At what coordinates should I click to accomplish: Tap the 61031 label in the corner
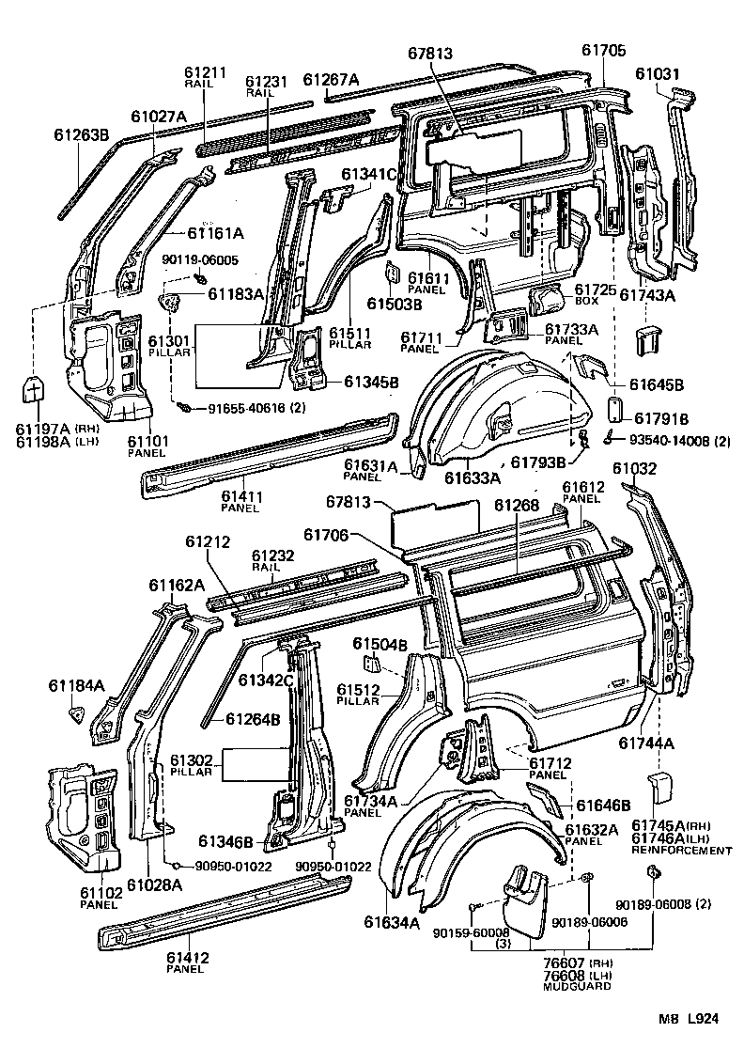pos(656,73)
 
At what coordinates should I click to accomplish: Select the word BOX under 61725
pos(585,302)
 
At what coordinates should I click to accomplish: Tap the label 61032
pos(635,469)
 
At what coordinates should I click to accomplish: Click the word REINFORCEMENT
pos(681,851)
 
